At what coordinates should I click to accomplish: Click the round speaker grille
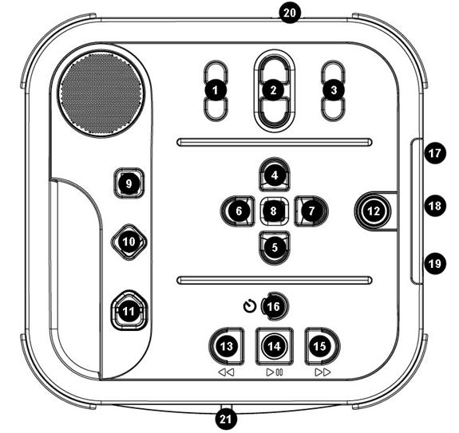[x=101, y=93]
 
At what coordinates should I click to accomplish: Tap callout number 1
[x=216, y=90]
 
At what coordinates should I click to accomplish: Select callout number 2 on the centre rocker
[x=274, y=90]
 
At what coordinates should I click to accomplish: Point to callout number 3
[x=334, y=90]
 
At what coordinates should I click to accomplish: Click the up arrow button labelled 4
[x=275, y=175]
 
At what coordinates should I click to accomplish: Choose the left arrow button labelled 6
[x=237, y=211]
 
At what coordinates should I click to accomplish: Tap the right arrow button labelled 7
[x=311, y=211]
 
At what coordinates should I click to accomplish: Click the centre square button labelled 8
[x=274, y=211]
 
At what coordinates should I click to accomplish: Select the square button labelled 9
[x=129, y=183]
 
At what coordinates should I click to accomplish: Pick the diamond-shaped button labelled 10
[x=129, y=242]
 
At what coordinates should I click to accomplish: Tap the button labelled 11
[x=129, y=311]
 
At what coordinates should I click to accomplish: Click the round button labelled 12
[x=374, y=211]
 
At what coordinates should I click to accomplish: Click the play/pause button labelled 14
[x=275, y=346]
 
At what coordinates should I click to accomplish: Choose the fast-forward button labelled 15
[x=322, y=346]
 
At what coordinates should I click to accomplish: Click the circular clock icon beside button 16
[x=250, y=307]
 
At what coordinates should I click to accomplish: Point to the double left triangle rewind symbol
[x=226, y=372]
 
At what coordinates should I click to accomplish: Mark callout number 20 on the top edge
[x=289, y=13]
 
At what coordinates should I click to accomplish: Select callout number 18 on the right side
[x=435, y=206]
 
